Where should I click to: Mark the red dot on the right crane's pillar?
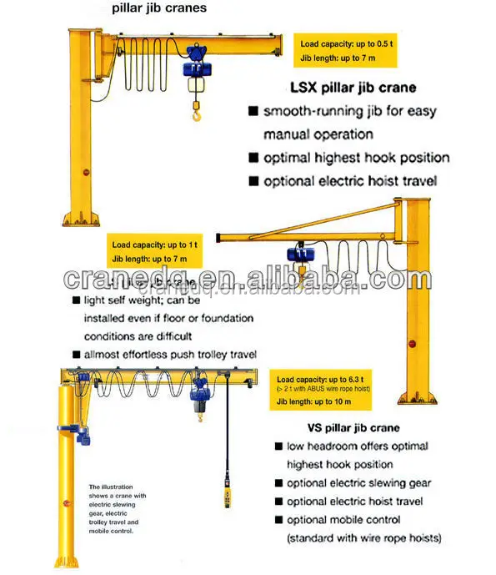pyautogui.click(x=411, y=343)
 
